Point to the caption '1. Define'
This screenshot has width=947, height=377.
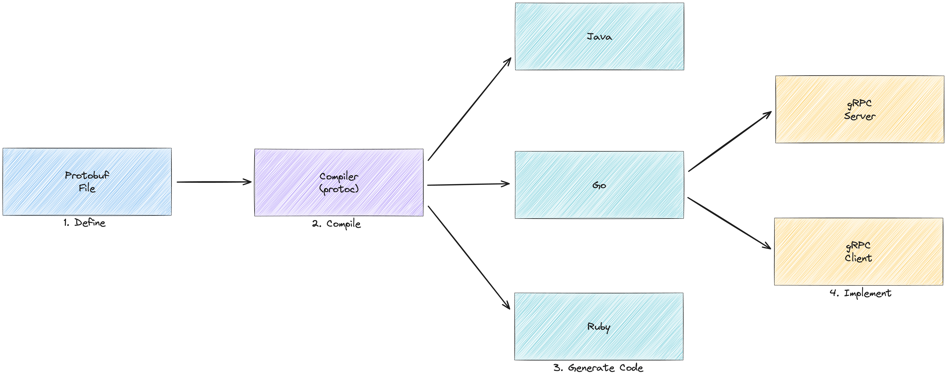(84, 223)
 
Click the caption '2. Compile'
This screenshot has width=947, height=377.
(336, 224)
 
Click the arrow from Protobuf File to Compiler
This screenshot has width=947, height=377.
(214, 182)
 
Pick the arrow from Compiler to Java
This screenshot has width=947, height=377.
(469, 109)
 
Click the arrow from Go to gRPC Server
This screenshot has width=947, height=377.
(730, 141)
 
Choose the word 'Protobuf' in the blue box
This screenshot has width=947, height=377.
(87, 175)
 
